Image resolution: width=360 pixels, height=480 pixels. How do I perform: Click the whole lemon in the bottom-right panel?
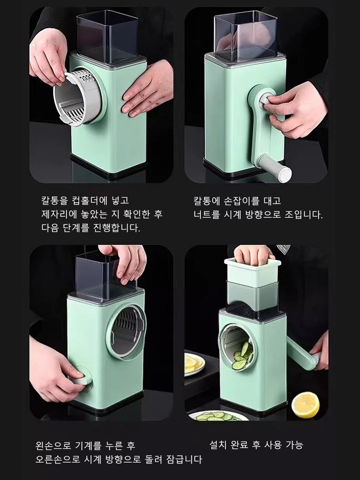pos(305,405)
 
